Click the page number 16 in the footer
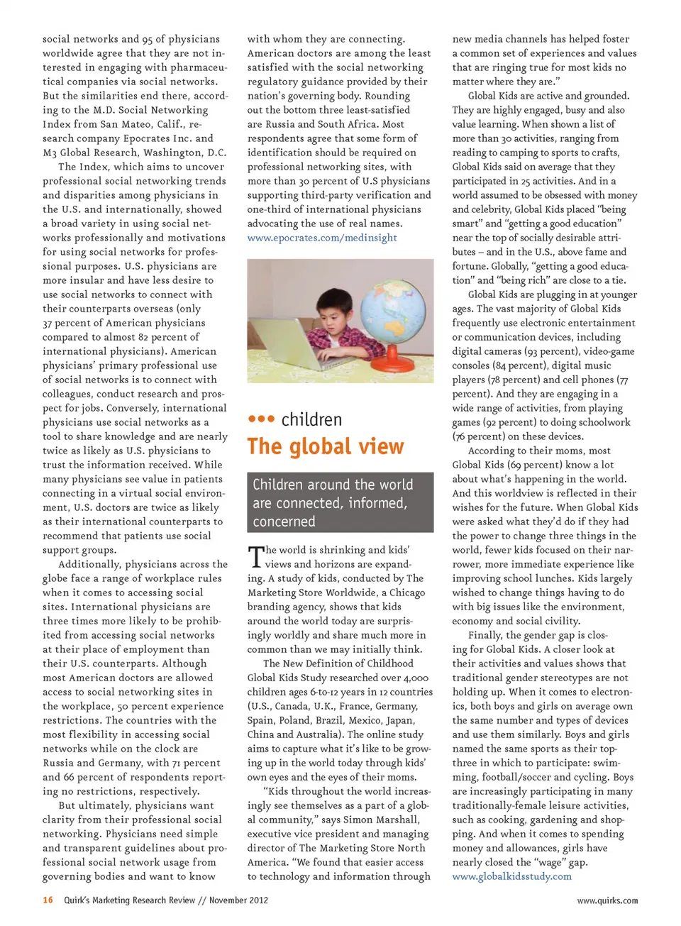(48, 900)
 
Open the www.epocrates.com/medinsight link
(322, 238)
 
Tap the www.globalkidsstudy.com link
(511, 876)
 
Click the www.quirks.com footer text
(607, 900)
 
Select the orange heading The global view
(326, 446)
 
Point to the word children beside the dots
(311, 419)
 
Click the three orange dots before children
(261, 419)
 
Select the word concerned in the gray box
(284, 522)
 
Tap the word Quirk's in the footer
(79, 900)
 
